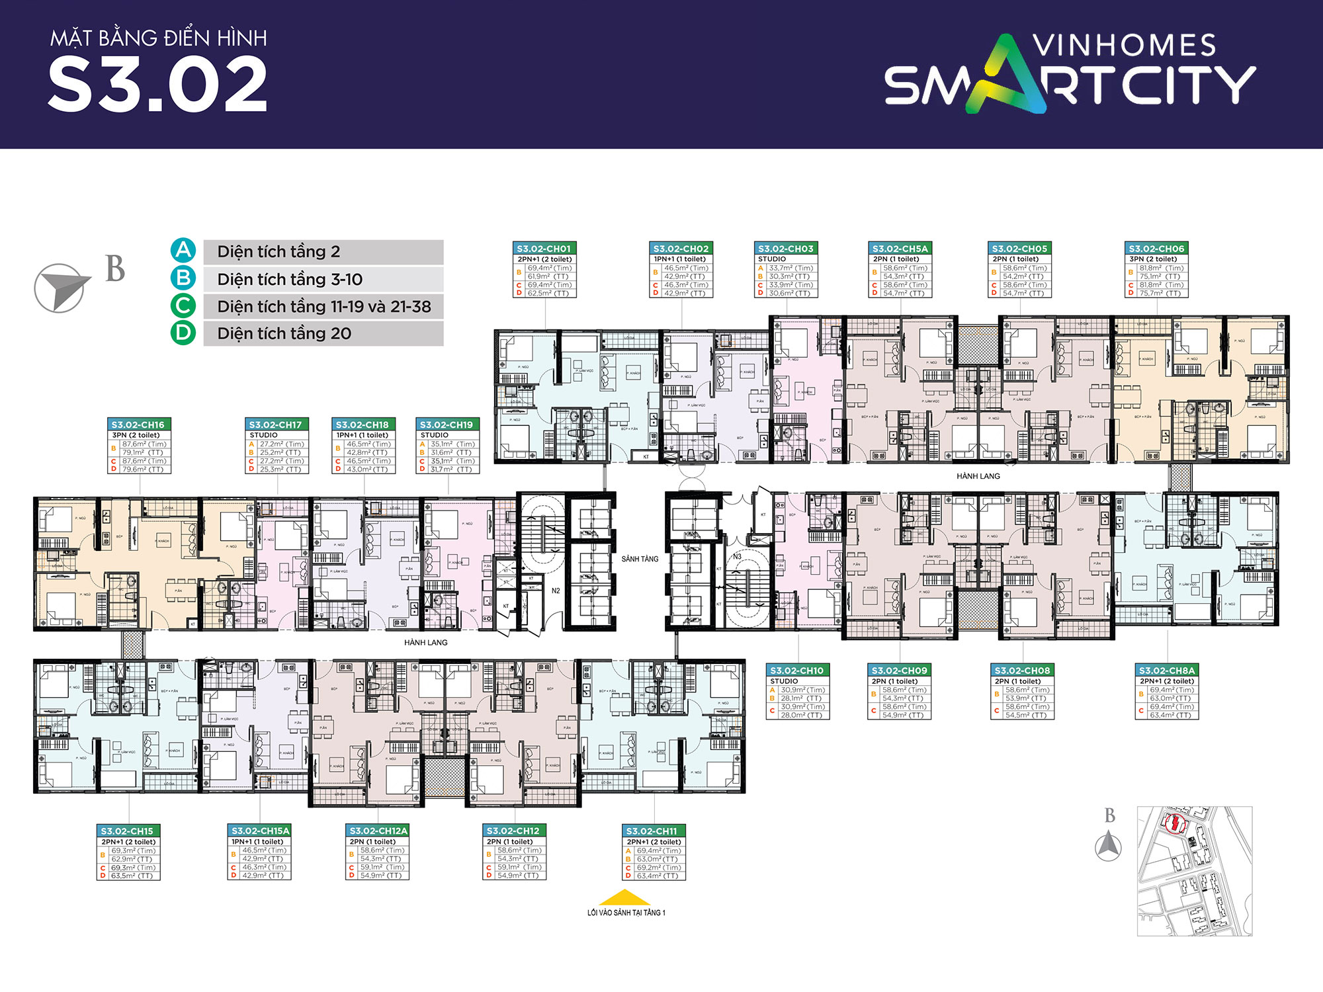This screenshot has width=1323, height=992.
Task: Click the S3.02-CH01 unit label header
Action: [544, 249]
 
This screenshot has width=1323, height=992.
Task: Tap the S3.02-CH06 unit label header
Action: [1156, 249]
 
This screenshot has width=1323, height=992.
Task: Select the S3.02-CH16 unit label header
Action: [138, 425]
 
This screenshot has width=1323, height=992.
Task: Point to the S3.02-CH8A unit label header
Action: [1167, 671]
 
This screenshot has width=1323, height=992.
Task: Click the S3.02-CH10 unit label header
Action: [797, 671]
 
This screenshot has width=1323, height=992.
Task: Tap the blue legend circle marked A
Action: [183, 251]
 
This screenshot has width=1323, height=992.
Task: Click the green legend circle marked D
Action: [183, 333]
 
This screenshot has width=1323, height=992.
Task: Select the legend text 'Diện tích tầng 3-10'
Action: [290, 279]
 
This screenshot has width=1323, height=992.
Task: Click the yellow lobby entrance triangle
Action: [624, 897]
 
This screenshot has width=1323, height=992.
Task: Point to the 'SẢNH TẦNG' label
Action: [640, 559]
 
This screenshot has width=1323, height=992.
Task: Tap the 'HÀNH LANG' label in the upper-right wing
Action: [978, 476]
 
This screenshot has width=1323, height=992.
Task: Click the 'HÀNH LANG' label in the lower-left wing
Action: [425, 642]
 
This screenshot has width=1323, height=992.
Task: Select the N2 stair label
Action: [556, 591]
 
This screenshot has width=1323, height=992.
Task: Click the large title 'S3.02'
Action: [157, 85]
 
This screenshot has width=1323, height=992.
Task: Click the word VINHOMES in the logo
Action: [1124, 46]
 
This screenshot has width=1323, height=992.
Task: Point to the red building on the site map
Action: [1175, 823]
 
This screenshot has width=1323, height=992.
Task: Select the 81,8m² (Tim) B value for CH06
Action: [1161, 268]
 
